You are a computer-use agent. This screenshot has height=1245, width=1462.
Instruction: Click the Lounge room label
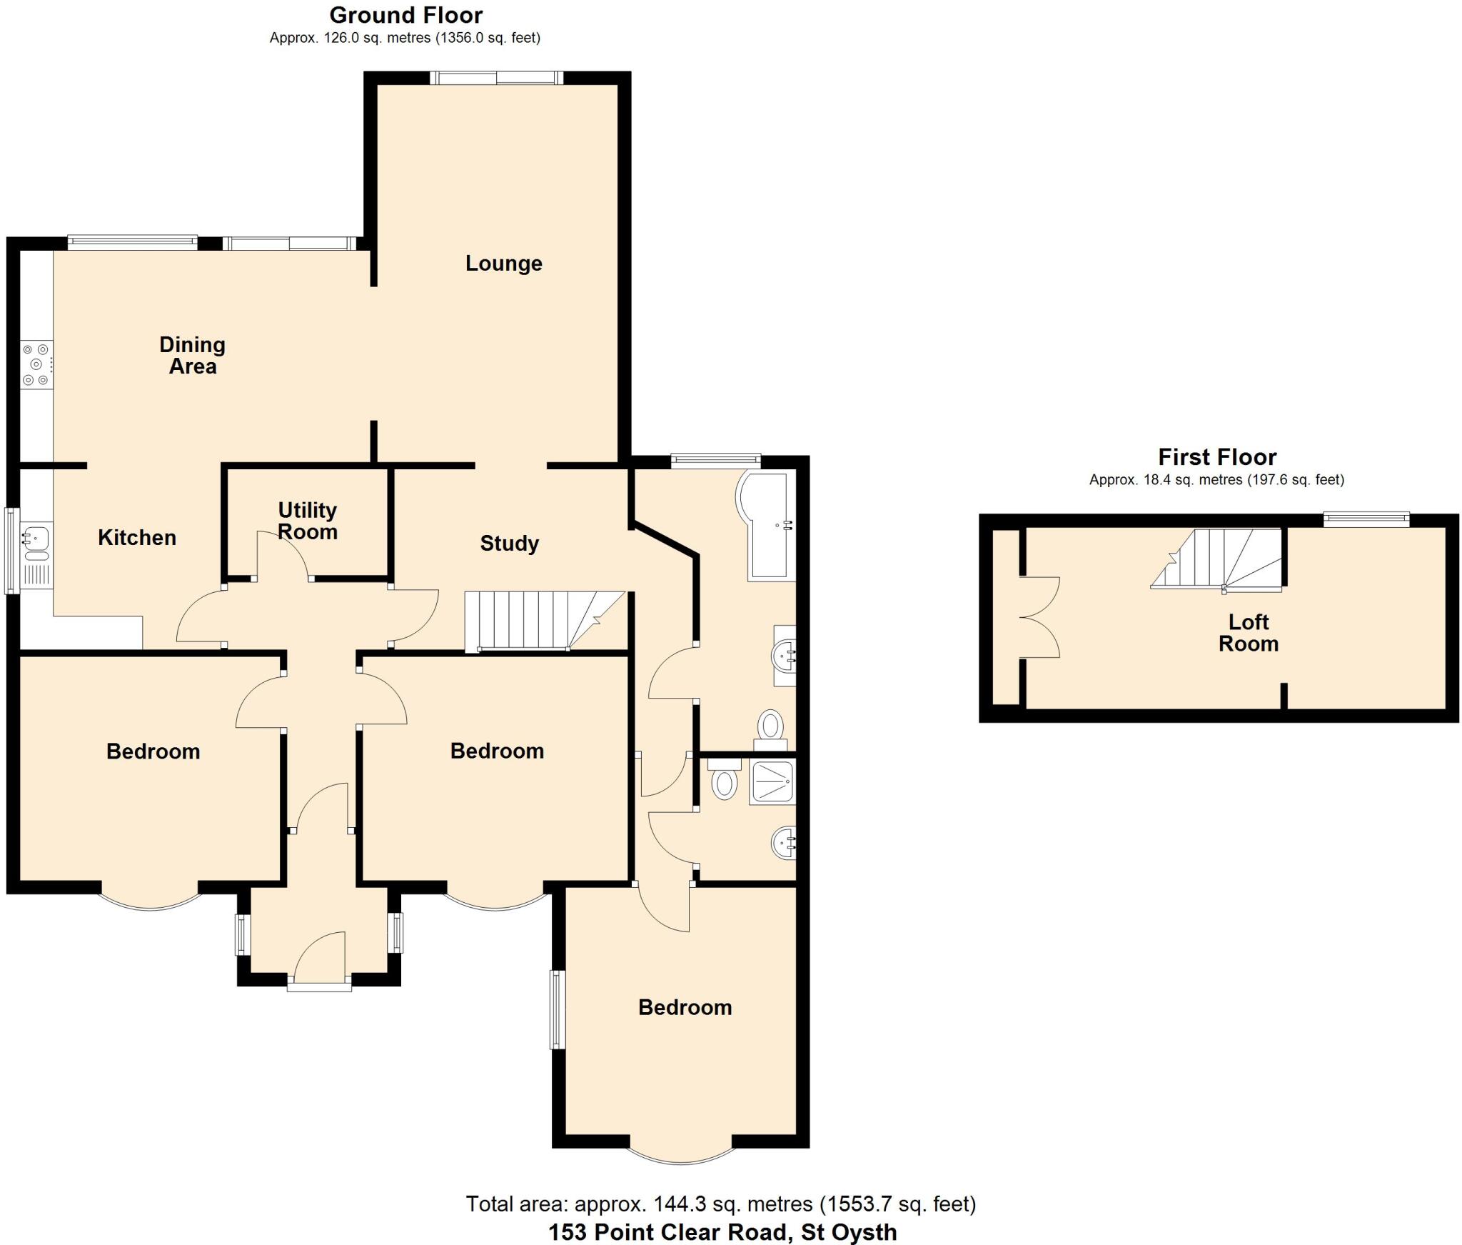pos(503,264)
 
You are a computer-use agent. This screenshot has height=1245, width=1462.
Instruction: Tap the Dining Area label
pos(192,356)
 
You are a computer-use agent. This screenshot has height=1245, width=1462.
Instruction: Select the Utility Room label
pos(307,521)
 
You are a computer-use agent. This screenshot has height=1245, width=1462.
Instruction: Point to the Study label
pos(509,544)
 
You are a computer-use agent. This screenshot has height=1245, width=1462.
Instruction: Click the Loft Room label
pos(1248,633)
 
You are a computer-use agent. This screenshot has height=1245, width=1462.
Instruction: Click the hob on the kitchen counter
pos(36,365)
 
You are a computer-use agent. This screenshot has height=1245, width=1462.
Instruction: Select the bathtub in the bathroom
pos(767,525)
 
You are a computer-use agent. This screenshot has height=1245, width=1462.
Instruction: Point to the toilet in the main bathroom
pos(770,729)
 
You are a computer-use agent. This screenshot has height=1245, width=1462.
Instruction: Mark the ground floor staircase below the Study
pos(543,621)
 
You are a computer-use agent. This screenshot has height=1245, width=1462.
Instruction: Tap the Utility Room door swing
pos(283,554)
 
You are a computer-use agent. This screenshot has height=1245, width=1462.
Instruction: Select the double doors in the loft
pos(1040,617)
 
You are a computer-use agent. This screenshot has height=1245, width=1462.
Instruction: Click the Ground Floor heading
pos(405,15)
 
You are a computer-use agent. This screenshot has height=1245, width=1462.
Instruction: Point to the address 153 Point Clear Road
pos(722,1232)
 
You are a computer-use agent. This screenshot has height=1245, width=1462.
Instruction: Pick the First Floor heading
pos(1216,457)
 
